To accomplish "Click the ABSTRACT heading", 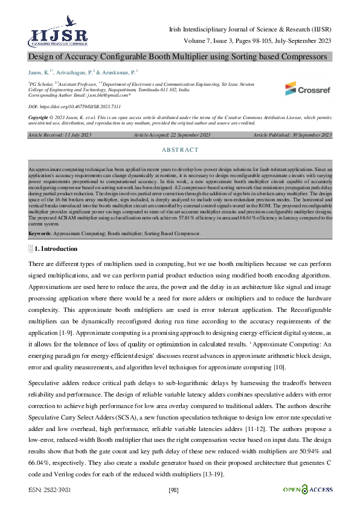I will (x=180, y=149).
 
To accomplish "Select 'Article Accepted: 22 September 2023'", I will (x=172, y=135).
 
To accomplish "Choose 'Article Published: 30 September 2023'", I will (x=292, y=135).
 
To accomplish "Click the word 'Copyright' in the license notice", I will (x=38, y=117).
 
